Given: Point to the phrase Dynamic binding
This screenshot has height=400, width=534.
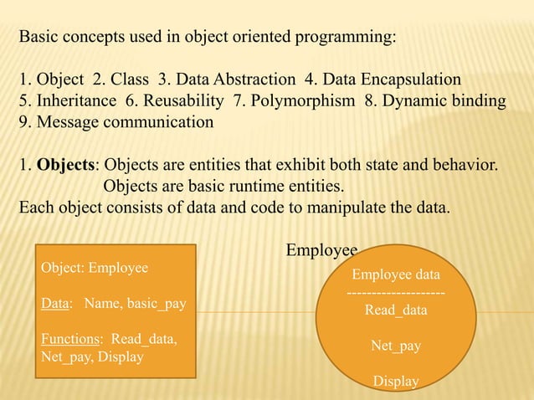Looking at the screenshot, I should coord(447,101).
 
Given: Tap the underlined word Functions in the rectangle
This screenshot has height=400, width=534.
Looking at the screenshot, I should coord(69,341).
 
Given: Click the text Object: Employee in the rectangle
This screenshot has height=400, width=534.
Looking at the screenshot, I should coord(95,268).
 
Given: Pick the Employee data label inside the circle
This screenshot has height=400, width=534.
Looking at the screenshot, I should coord(395,274).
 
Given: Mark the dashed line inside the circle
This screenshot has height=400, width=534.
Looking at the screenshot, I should coord(395,292).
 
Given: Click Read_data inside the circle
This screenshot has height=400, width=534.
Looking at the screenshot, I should coord(395,310).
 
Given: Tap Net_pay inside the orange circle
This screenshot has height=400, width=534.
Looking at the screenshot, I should coord(395,345).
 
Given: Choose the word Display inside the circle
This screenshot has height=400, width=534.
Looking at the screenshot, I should coord(395,381).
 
